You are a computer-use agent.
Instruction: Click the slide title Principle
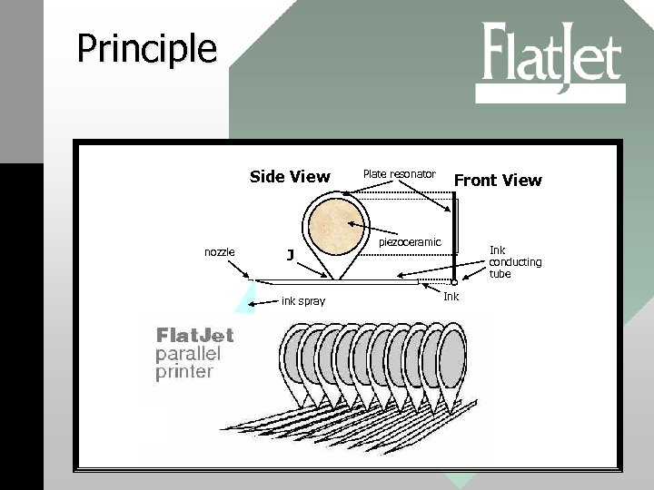(x=146, y=48)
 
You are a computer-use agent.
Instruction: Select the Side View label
(x=290, y=176)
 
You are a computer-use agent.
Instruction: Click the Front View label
(x=498, y=180)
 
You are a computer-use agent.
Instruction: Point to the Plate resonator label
(x=399, y=173)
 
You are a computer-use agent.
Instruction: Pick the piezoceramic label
(x=410, y=242)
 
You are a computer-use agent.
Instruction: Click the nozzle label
(x=220, y=251)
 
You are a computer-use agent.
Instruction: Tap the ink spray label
(x=303, y=300)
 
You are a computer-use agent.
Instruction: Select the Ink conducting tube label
(x=515, y=261)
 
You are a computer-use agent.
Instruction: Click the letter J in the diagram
(x=290, y=255)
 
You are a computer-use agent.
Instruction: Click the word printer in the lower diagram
(x=184, y=370)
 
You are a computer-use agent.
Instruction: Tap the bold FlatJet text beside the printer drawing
(x=195, y=335)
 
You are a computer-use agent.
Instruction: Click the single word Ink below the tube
(x=451, y=297)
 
